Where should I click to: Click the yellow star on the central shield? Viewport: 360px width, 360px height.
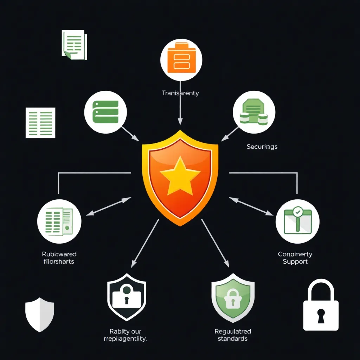click(180, 175)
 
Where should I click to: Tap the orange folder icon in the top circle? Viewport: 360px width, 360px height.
click(181, 58)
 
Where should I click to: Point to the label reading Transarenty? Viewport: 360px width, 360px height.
click(180, 93)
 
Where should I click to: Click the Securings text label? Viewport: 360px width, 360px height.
click(262, 147)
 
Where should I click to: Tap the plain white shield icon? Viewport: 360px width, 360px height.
click(40, 314)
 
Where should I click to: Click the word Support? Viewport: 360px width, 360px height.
click(295, 262)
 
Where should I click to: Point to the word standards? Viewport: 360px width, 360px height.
click(232, 339)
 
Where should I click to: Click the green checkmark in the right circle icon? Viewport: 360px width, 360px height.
click(298, 212)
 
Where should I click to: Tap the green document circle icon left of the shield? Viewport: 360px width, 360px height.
click(59, 221)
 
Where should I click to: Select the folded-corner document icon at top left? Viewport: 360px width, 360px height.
click(74, 44)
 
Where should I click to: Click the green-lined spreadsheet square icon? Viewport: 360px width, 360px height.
click(40, 123)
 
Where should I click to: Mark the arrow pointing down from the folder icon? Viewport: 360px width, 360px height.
click(180, 104)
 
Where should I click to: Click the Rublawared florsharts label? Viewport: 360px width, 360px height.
click(59, 258)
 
